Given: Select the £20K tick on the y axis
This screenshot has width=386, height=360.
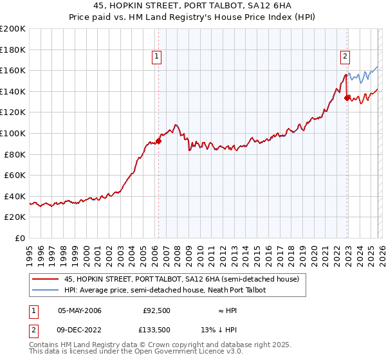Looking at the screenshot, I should (15, 217).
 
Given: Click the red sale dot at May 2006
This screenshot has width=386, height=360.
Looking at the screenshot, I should (158, 141).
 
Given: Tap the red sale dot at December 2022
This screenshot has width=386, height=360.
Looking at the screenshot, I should (347, 98).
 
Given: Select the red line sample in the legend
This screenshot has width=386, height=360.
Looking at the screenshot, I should (45, 280).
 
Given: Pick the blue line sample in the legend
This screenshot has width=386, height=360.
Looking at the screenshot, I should (45, 290).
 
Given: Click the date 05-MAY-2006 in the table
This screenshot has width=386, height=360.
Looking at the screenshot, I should (80, 310).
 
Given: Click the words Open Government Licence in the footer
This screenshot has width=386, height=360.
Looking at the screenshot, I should (185, 353).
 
